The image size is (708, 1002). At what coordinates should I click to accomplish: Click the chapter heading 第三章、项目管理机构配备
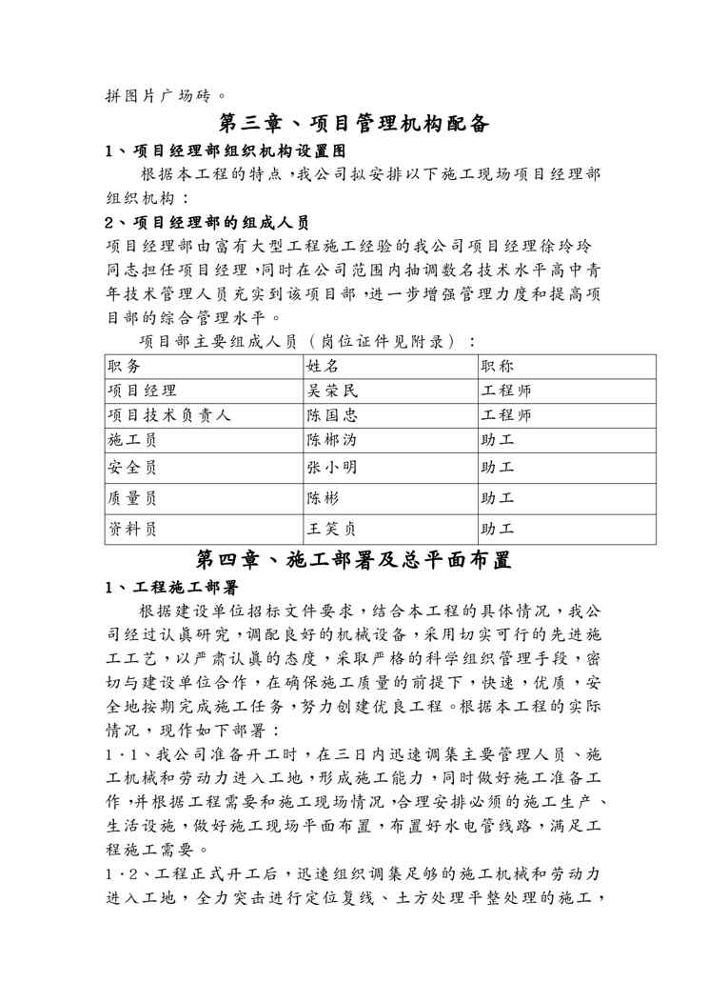tap(354, 124)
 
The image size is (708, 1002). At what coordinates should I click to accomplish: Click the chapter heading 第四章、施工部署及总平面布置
tap(354, 560)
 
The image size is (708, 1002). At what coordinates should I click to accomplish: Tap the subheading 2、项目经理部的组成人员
tap(206, 223)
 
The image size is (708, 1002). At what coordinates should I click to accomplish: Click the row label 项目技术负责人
tap(169, 415)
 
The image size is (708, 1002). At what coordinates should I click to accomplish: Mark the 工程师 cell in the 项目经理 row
tap(506, 391)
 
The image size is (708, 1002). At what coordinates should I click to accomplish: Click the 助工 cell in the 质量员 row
tap(498, 497)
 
